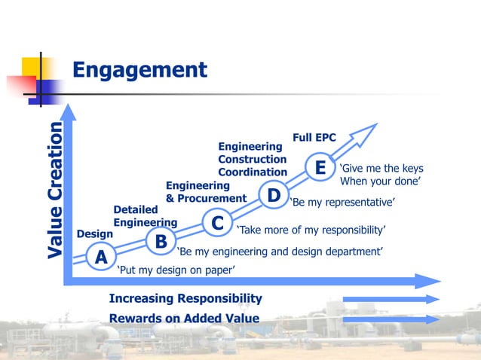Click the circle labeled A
(99, 258)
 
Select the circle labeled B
(160, 242)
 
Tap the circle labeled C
(216, 224)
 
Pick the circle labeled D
(273, 196)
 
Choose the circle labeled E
(320, 166)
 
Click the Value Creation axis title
(54, 191)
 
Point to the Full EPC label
(314, 138)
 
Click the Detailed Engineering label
(145, 215)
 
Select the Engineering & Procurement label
(206, 192)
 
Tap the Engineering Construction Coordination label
(252, 159)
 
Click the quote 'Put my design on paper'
(176, 270)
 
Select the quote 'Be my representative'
(342, 203)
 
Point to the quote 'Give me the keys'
(381, 168)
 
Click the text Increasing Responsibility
(185, 299)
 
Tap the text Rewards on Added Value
(184, 319)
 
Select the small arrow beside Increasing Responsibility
(391, 299)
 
